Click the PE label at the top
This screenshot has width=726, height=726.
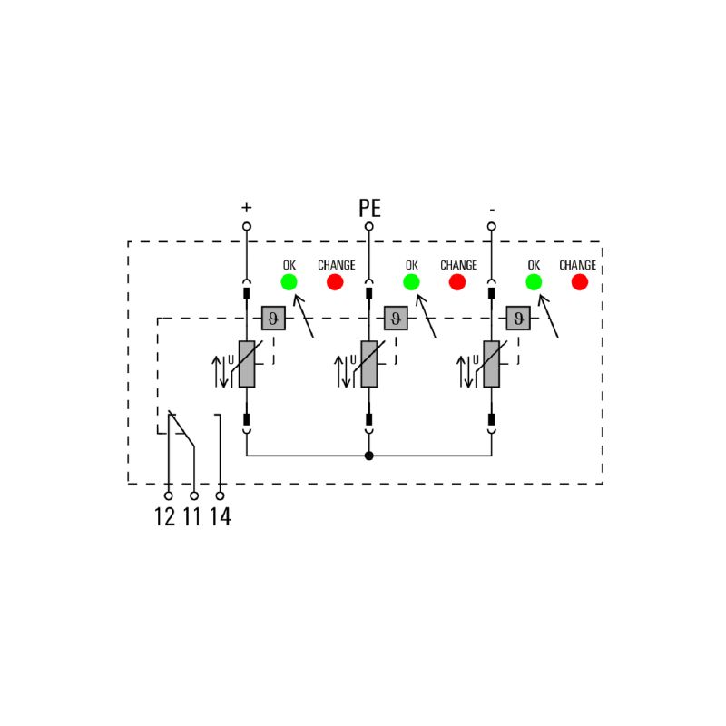pyautogui.click(x=369, y=208)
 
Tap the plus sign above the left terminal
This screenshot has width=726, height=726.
pyautogui.click(x=247, y=207)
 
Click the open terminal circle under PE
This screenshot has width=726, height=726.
pyautogui.click(x=369, y=226)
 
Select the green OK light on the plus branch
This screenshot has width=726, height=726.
pyautogui.click(x=289, y=281)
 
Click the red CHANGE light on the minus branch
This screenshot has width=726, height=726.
pyautogui.click(x=580, y=281)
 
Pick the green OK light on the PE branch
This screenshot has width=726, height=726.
pyautogui.click(x=411, y=281)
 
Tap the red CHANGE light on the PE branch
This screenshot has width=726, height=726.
pyautogui.click(x=457, y=281)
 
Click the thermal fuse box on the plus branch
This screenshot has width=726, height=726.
pyautogui.click(x=273, y=319)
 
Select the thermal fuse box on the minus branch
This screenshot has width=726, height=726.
pyautogui.click(x=518, y=319)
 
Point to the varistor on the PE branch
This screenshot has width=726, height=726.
pyautogui.click(x=369, y=364)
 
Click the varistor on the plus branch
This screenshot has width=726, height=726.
pyautogui.click(x=247, y=364)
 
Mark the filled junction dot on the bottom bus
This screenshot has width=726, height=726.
pyautogui.click(x=369, y=456)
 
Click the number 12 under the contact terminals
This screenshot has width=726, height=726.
pyautogui.click(x=165, y=516)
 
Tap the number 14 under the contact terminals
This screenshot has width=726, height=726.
pyautogui.click(x=221, y=516)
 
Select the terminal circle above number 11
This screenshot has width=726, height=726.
pyautogui.click(x=194, y=495)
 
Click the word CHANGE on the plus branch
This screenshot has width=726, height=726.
pyautogui.click(x=337, y=265)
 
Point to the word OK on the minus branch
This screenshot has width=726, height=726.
pyautogui.click(x=534, y=265)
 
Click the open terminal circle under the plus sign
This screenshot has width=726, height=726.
pyautogui.click(x=247, y=226)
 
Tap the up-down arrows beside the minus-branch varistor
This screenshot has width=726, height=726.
pyautogui.click(x=465, y=371)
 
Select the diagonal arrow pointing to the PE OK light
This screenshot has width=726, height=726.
pyautogui.click(x=426, y=316)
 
